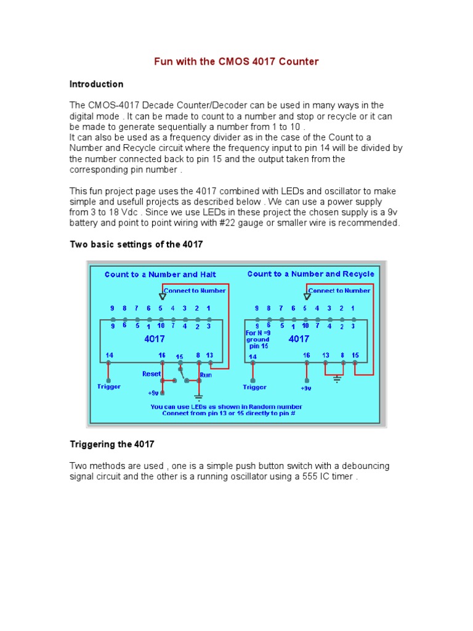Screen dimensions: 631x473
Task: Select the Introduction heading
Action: click(x=96, y=84)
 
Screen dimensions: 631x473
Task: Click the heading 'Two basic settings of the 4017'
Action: click(x=136, y=245)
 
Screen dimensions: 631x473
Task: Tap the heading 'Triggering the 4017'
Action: click(x=112, y=444)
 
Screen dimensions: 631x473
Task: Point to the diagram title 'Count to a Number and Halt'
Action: click(x=161, y=274)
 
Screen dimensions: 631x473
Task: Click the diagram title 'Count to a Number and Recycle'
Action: click(x=310, y=274)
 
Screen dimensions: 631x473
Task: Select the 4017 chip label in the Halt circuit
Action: click(x=155, y=338)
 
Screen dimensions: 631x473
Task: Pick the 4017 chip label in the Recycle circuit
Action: click(x=299, y=338)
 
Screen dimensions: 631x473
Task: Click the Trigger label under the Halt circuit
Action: click(x=109, y=386)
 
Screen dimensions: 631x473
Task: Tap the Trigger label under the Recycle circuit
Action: click(x=254, y=387)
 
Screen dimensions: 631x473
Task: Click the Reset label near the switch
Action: click(x=152, y=373)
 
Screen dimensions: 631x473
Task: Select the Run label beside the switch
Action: click(x=206, y=373)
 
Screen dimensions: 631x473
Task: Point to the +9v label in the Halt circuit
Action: click(x=154, y=393)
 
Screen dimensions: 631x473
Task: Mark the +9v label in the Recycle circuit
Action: click(x=306, y=388)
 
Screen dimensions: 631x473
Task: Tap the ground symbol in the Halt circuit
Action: click(x=198, y=396)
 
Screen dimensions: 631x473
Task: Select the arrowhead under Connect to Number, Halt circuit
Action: click(x=163, y=296)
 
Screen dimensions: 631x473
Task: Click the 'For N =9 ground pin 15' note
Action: click(x=257, y=340)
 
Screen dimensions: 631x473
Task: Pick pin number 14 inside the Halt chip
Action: click(x=109, y=355)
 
